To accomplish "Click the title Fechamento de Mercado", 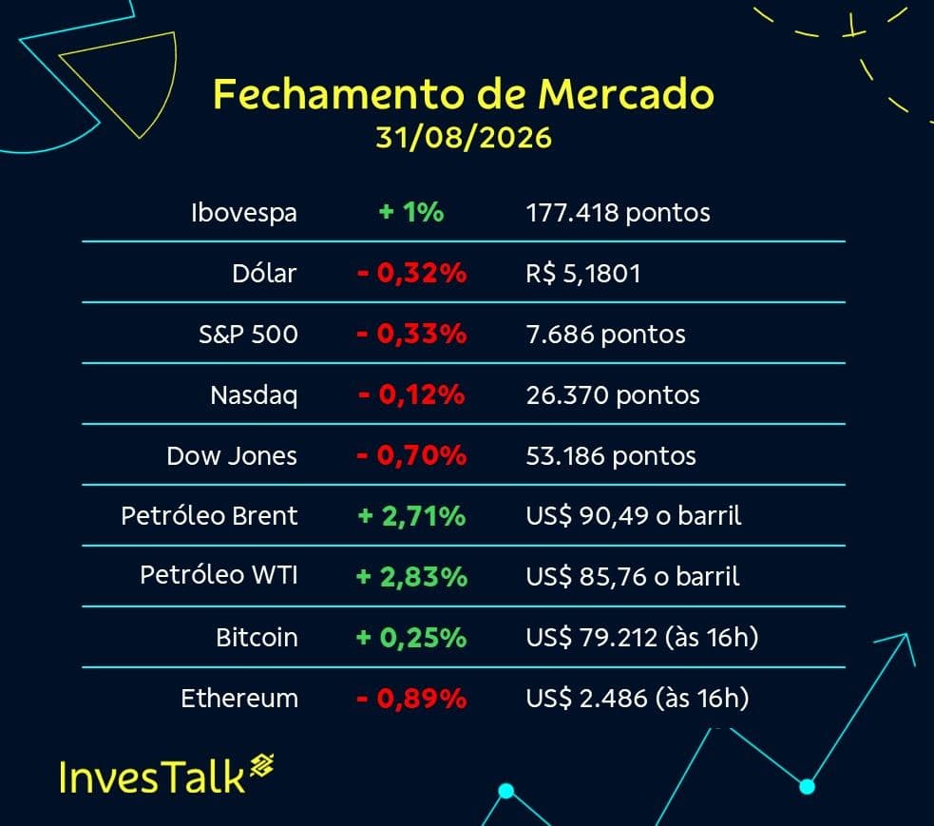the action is [x=464, y=94].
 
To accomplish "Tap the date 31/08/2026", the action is [x=464, y=138].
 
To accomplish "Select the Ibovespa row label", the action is [x=244, y=213].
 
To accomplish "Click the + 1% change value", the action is [x=411, y=212].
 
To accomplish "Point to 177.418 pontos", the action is [x=618, y=213].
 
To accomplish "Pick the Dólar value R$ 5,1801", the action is [x=583, y=274].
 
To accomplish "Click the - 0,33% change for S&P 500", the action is [x=411, y=334].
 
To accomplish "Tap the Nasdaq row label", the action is [x=254, y=395].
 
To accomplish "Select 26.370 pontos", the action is [x=613, y=395].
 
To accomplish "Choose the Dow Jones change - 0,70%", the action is [x=411, y=455].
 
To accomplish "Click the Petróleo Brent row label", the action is [x=209, y=515].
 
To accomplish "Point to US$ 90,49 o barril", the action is [x=634, y=516].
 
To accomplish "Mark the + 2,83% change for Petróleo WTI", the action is [x=411, y=577].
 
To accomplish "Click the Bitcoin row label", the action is [x=257, y=638].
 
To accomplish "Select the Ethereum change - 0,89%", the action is [x=411, y=699].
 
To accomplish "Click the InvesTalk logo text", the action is [x=152, y=778].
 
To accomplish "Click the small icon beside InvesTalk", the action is [x=262, y=765].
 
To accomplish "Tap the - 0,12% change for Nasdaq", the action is [x=411, y=394].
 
